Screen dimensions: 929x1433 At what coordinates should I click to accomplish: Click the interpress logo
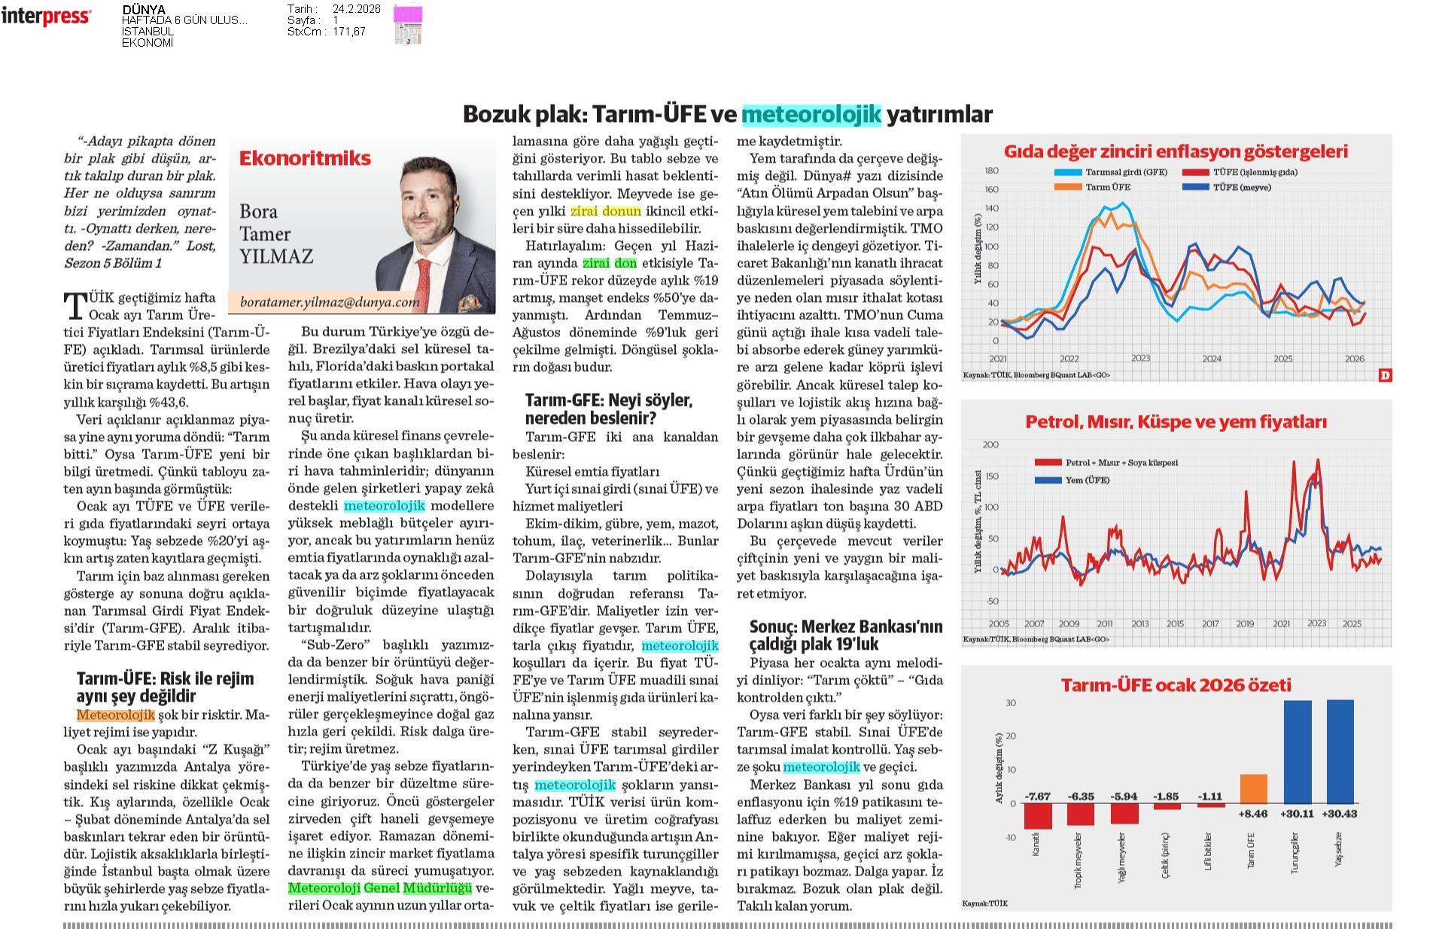tap(46, 17)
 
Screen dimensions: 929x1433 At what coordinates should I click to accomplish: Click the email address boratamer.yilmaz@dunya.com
tap(330, 302)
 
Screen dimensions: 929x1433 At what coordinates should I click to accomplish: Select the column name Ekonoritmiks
tap(305, 158)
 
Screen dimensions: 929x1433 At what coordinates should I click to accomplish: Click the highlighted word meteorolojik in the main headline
tap(811, 114)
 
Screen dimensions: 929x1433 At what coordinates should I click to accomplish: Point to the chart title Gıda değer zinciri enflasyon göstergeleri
tap(1176, 151)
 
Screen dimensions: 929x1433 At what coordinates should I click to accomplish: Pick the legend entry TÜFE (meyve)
tap(1241, 187)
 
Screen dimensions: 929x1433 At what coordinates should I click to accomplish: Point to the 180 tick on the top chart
tap(991, 171)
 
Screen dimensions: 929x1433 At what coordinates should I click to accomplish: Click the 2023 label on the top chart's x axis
tap(1140, 358)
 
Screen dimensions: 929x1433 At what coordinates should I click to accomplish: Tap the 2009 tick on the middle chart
tap(1069, 623)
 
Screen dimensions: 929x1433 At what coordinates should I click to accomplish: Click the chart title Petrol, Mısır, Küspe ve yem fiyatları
tap(1176, 422)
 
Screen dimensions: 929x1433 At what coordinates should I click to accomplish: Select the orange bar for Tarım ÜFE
tap(1253, 788)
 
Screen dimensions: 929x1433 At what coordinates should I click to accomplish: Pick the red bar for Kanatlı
tap(1038, 815)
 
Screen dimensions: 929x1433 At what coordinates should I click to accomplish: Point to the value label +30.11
tap(1297, 813)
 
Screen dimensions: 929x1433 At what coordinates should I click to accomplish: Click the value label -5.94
tap(1124, 796)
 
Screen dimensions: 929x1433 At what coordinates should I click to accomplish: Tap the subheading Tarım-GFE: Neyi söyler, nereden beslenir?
tap(608, 409)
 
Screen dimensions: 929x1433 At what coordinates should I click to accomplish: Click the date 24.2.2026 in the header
tap(356, 9)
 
